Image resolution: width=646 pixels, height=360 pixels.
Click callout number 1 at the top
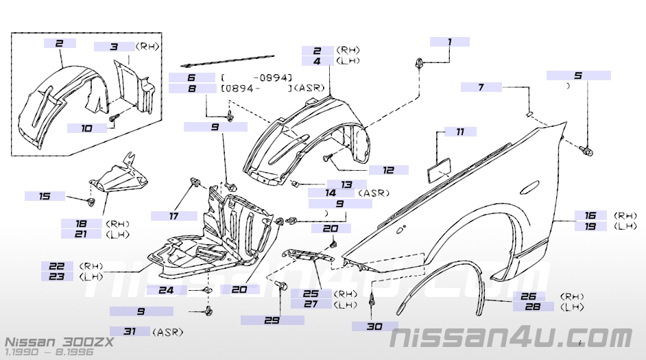click(x=450, y=42)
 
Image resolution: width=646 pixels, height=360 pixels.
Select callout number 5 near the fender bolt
click(x=578, y=75)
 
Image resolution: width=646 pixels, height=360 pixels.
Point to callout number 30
click(x=374, y=326)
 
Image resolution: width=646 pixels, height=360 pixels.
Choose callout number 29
click(x=272, y=320)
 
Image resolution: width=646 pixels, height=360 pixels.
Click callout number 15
click(x=45, y=196)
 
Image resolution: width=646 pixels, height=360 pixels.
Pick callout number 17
click(x=174, y=216)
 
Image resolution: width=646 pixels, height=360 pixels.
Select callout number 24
click(x=167, y=290)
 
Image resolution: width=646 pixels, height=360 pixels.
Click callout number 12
click(x=388, y=169)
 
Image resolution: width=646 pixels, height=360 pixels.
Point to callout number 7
click(x=481, y=87)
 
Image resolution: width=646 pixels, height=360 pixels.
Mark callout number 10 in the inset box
click(x=86, y=128)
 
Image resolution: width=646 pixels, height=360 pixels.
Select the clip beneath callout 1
click(x=418, y=64)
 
